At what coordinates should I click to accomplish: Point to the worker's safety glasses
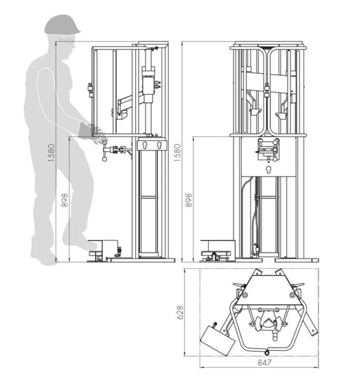point(66,40)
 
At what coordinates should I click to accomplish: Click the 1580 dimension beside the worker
point(51,152)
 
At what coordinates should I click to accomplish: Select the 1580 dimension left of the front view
point(178,152)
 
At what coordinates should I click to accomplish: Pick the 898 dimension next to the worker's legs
point(65,200)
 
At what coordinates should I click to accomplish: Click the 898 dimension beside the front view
point(189,200)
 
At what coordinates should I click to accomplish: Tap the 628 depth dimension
point(180,312)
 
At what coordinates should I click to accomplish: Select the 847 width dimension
point(265,362)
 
